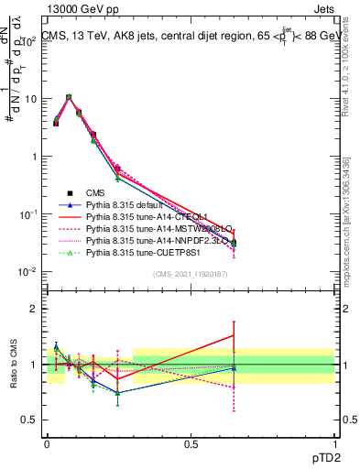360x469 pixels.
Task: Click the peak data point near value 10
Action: coord(69,96)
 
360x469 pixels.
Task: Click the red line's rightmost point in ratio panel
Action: coord(235,335)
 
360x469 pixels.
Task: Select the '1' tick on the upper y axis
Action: coord(35,157)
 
